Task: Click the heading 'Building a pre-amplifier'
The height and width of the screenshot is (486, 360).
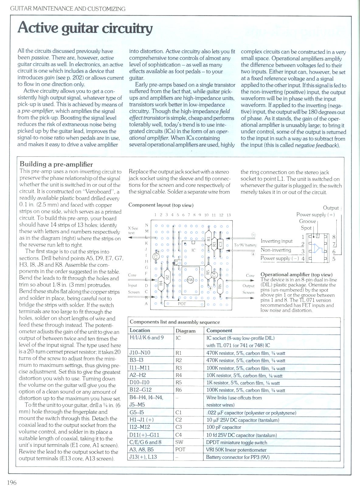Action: coord(56,164)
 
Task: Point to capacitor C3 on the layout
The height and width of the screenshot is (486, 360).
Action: coord(221,243)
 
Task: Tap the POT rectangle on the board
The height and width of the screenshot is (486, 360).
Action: coord(182,303)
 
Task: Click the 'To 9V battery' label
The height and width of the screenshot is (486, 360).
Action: coord(245,245)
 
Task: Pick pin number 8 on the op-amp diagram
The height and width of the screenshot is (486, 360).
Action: coord(334,237)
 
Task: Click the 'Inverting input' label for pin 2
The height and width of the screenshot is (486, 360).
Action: coord(277,241)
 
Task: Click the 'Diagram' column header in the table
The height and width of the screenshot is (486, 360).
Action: coord(185,330)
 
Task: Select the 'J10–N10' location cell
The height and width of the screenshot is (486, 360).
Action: coord(140,353)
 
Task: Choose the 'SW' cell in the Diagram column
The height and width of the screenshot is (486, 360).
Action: coord(179,442)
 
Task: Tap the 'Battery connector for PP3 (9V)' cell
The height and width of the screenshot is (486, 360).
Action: coord(238,457)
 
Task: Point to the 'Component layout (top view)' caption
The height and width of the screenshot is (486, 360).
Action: coord(161,205)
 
